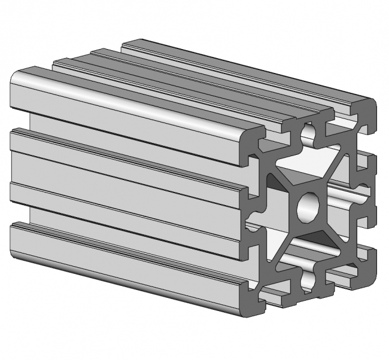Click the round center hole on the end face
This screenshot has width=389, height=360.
308,206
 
